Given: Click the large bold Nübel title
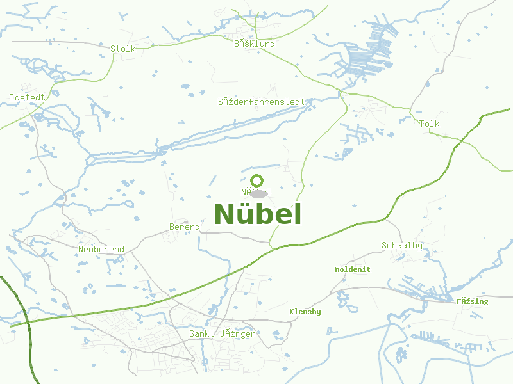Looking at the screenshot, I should tap(257, 214).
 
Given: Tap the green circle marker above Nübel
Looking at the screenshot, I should tap(257, 180).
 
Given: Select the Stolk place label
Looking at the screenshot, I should tap(122, 49).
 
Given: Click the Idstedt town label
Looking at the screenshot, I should tap(28, 97).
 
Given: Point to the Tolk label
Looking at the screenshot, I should tap(430, 124).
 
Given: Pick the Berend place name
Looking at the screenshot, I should tap(185, 227).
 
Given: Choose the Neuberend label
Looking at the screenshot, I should tap(101, 249).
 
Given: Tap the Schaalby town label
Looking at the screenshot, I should tap(402, 245).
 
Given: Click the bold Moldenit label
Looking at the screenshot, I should tap(353, 269).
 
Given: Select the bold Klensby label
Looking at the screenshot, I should tap(305, 312).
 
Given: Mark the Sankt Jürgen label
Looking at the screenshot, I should tap(223, 333).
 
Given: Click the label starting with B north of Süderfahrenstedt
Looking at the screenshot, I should tap(255, 44).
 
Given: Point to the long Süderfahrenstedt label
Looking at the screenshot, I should tap(261, 101).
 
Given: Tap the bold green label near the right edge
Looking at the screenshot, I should tap(473, 301).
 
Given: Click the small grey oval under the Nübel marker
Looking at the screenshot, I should tap(258, 194).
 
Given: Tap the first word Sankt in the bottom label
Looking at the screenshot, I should tap(202, 333).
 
